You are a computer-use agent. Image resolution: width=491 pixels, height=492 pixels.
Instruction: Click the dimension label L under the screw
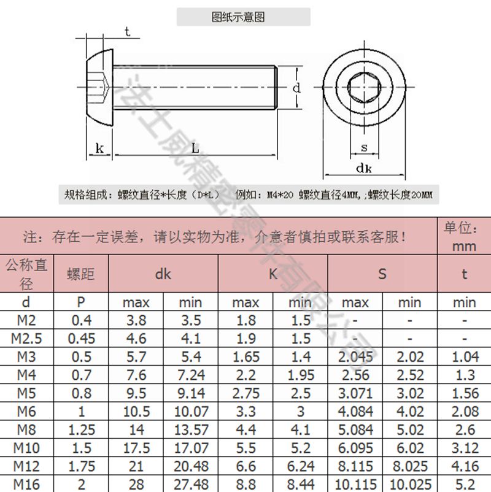(195, 147)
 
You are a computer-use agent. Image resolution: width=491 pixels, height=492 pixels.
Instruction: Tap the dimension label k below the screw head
(99, 147)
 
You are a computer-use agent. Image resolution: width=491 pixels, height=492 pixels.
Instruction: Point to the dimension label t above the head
(127, 32)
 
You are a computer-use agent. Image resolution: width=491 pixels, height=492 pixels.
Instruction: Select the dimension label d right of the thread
(296, 88)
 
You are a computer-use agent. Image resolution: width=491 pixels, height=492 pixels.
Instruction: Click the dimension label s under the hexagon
(363, 147)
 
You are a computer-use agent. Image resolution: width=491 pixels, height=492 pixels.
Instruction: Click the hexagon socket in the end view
(363, 88)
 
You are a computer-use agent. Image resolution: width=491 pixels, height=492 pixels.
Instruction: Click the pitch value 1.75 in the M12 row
(81, 466)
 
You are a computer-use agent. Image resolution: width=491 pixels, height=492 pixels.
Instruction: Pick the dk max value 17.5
(136, 447)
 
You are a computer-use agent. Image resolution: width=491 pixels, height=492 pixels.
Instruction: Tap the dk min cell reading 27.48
(191, 485)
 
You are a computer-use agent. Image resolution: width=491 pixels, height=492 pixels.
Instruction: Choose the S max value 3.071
(355, 392)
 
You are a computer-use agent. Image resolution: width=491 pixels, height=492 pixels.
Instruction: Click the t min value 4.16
(464, 466)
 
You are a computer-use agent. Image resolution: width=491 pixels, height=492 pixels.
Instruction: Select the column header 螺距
(81, 274)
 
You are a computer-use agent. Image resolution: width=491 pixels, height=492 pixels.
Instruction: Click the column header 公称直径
(26, 274)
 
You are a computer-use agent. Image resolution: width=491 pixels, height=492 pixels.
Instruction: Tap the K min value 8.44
(300, 485)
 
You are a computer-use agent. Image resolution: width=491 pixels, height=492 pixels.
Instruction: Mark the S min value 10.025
(409, 485)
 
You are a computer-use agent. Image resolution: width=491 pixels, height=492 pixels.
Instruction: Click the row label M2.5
(26, 338)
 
